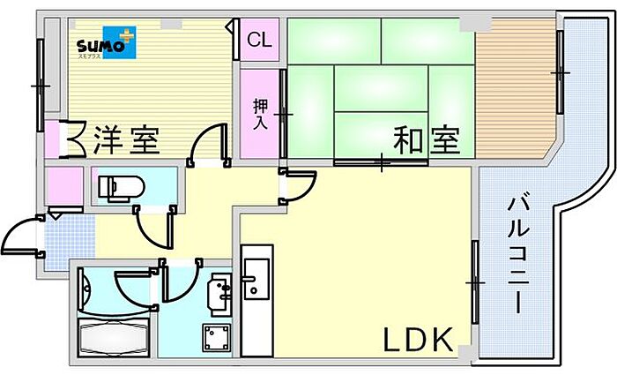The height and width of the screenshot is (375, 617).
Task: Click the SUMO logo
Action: pos(107,42)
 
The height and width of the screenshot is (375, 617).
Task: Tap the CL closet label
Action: pos(259,40)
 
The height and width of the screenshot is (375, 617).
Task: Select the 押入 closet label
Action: pos(261,114)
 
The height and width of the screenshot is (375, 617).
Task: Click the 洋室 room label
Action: pos(127,139)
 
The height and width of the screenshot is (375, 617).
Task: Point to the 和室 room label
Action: pos(427,139)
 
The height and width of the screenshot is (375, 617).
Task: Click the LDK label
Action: pos(418,340)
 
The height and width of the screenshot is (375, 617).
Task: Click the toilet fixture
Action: pos(122,187)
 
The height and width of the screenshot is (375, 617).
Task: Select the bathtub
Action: pos(114,338)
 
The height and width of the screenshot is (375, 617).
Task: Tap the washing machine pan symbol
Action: pos(216,338)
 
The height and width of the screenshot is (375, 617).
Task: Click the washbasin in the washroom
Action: pos(220,295)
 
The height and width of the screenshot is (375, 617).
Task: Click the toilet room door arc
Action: pos(153,232)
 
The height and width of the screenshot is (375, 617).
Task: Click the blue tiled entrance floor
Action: pos(70,242)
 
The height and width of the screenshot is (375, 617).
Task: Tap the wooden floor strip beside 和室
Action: pos(515,89)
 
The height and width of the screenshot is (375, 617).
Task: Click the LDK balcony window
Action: pos(475,282)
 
